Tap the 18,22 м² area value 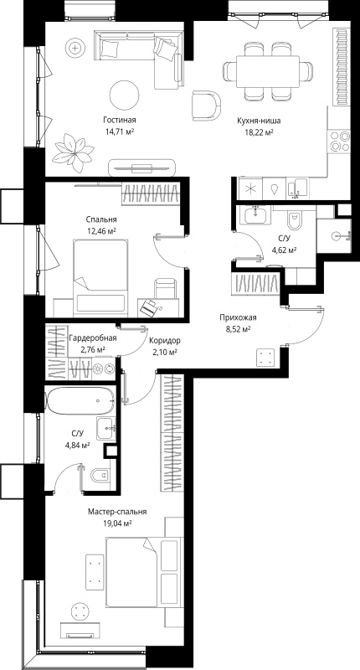pos(255,132)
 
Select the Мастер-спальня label pos(117,512)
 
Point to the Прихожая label pos(238,317)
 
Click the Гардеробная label pos(93,339)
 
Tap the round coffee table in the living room pos(124,95)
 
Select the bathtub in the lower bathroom pos(80,401)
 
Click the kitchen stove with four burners pos(340,141)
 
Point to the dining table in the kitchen pos(268,71)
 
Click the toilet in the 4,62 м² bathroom pos(294,220)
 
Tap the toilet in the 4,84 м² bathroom pos(100,475)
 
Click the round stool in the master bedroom pos(80,610)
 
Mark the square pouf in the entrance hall pos(265,358)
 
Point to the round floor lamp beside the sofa pos(75,48)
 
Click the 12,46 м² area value pos(101,231)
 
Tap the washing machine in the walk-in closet pos(103,368)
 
